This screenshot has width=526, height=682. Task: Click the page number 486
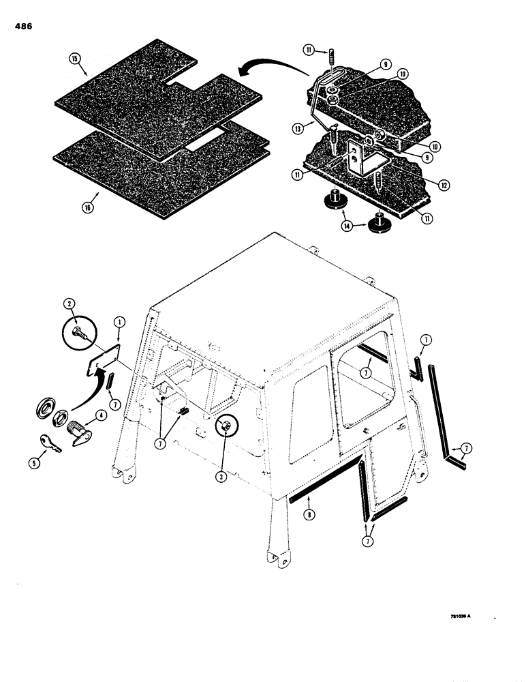click(x=22, y=27)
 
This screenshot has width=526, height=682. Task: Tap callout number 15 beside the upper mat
click(x=74, y=59)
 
